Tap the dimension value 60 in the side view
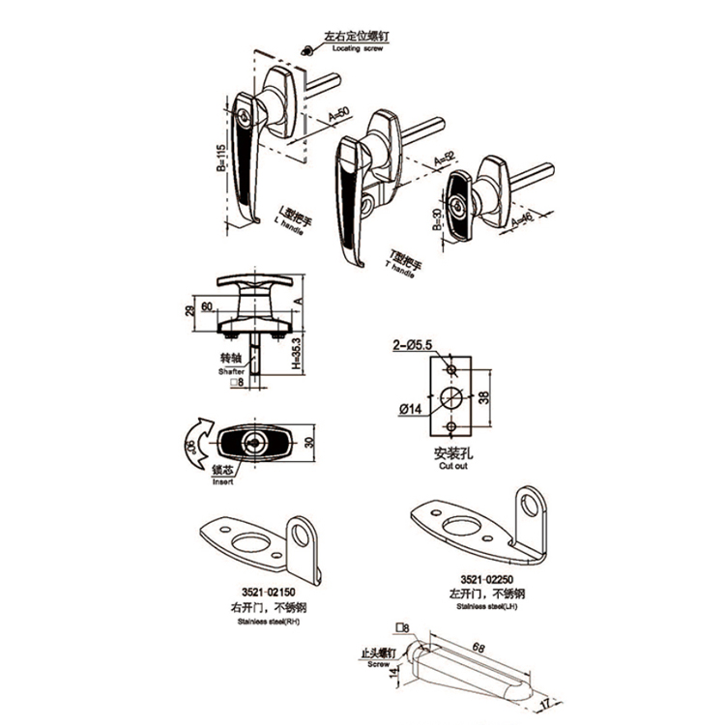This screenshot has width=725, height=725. [x=206, y=307]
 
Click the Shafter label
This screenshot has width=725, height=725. [x=232, y=371]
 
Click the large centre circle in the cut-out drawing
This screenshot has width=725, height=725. [x=449, y=397]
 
